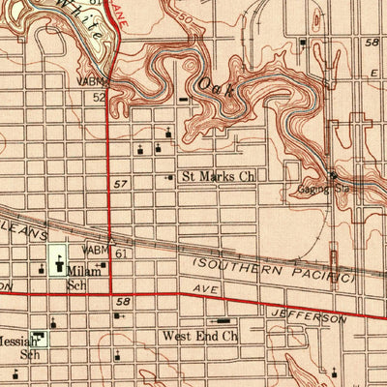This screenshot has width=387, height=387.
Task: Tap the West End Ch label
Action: pyautogui.click(x=200, y=337)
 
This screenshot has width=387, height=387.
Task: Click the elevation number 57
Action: pyautogui.click(x=120, y=183)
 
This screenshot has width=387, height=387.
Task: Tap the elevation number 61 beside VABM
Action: pyautogui.click(x=120, y=253)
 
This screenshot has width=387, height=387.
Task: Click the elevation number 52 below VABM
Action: pyautogui.click(x=99, y=97)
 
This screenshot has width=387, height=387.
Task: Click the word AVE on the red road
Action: pyautogui.click(x=200, y=289)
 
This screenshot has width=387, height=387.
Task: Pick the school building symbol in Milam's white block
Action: pyautogui.click(x=58, y=261)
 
